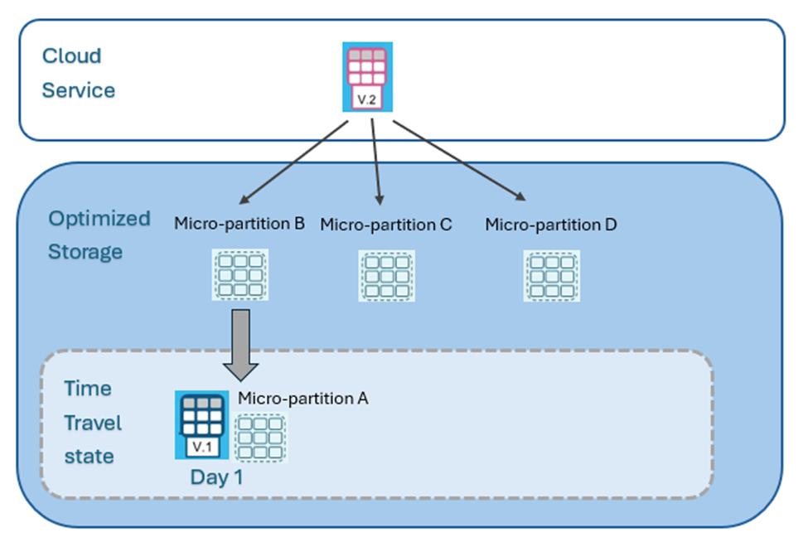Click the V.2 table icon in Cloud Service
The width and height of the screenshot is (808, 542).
[x=367, y=77]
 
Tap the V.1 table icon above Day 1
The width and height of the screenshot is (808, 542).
[x=201, y=424]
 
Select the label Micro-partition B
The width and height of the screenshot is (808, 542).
[x=239, y=224]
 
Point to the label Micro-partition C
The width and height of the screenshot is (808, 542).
[x=385, y=225]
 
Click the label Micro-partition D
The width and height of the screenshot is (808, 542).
[x=550, y=225]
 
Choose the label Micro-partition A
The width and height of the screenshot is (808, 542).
[x=302, y=399]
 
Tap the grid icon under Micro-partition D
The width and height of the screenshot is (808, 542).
[x=552, y=276]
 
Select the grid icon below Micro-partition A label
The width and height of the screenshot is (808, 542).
[x=261, y=438]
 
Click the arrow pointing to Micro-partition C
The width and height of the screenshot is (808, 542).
[x=376, y=162]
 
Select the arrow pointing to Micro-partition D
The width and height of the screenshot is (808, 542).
[x=459, y=161]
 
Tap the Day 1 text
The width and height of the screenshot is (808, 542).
[x=216, y=477]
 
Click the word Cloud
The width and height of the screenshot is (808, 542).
[x=71, y=56]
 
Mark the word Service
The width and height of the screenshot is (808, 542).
[x=78, y=90]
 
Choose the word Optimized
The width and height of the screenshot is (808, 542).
[x=99, y=219]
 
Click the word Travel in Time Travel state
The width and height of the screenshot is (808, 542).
[x=93, y=423]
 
